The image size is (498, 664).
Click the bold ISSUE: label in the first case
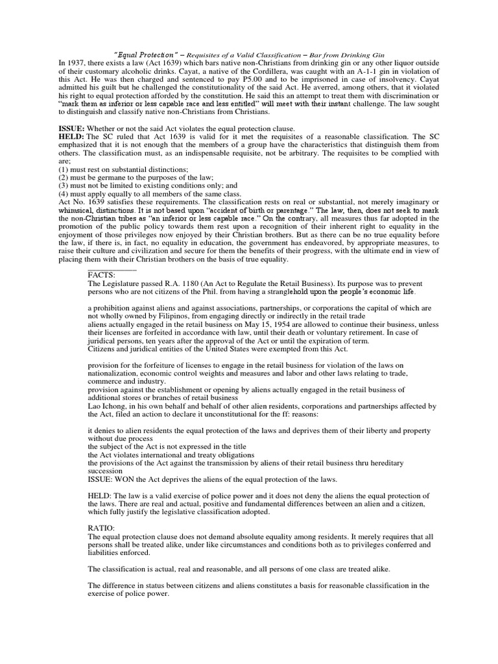tap(71, 128)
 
